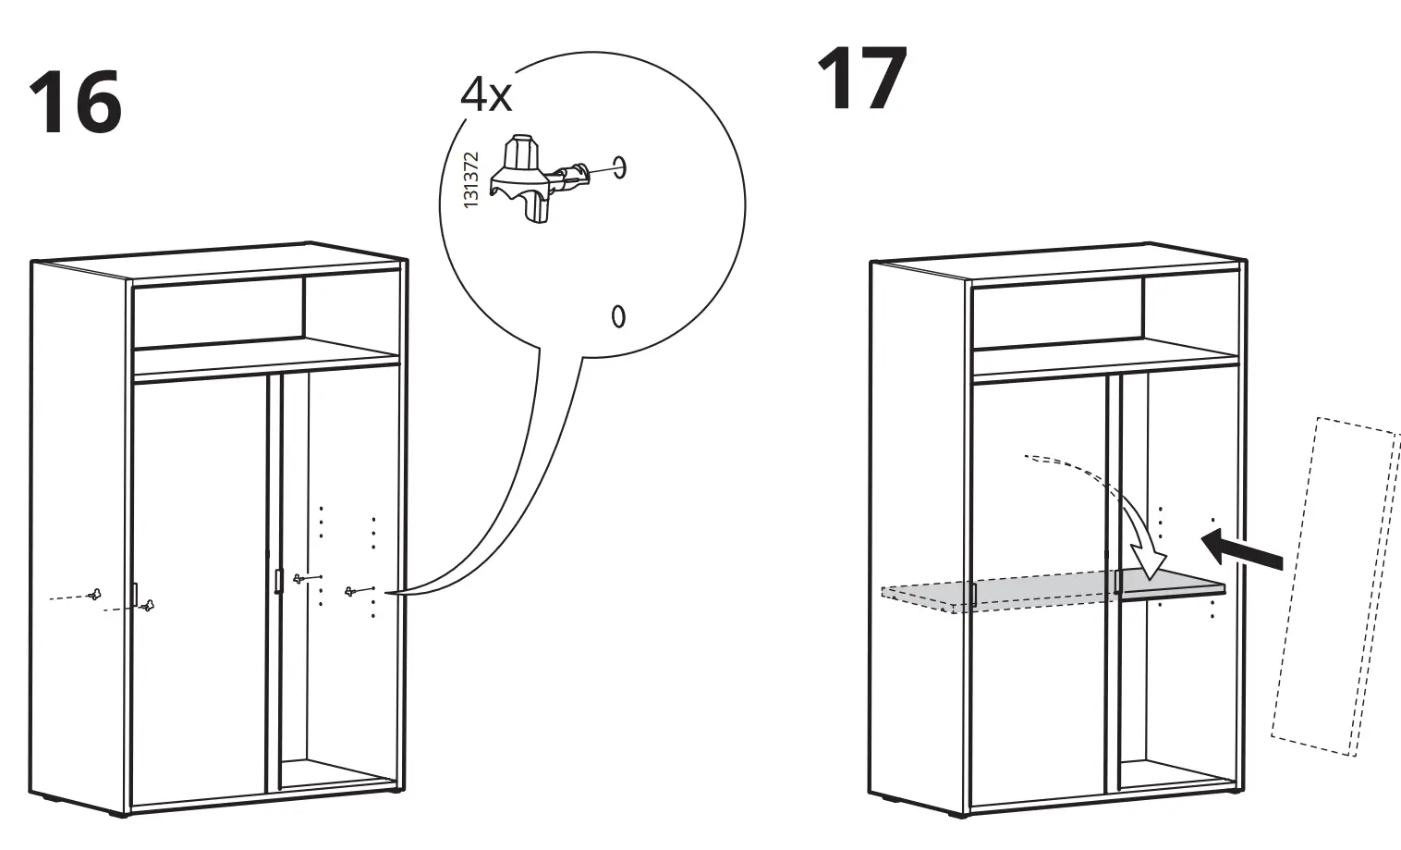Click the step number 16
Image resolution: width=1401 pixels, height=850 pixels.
pos(76,104)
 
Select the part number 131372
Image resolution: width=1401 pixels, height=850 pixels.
pos(471,179)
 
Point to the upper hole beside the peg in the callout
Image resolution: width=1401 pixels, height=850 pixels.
pos(620,167)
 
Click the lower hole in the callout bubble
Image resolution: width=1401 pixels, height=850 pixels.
pos(618,315)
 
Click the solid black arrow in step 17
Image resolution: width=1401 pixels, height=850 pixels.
pos(1243,548)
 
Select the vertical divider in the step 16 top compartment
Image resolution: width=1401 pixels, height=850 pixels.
pos(304,310)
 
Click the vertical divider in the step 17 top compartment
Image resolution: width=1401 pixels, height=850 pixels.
pos(1143,310)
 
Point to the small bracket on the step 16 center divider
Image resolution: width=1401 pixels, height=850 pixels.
pos(276,581)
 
